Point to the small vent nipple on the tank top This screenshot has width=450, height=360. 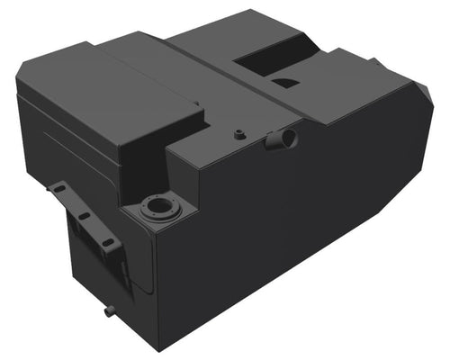(239, 135)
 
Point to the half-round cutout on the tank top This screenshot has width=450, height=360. (286, 84)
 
